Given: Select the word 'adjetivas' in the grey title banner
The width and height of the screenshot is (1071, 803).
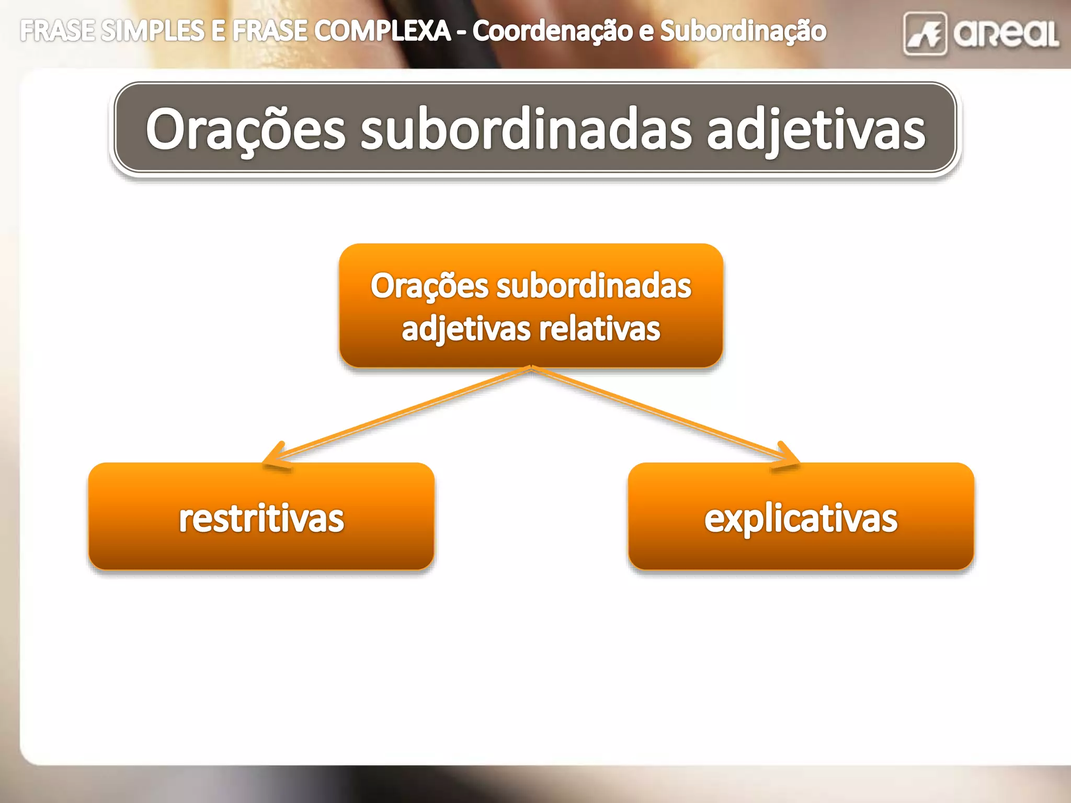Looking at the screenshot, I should coord(816,129).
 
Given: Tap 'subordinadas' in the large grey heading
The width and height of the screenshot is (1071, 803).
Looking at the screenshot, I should coord(526,129).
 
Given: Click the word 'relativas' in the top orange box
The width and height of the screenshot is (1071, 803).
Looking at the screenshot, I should coord(600,329).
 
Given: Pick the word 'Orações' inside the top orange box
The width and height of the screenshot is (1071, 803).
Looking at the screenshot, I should coord(429,286).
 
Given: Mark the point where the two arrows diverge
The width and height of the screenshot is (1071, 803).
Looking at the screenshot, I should coord(531,368).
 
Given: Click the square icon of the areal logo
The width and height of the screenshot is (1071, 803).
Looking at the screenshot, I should coord(925,34).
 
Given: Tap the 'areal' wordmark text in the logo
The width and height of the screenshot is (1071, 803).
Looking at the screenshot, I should coord(1005,34).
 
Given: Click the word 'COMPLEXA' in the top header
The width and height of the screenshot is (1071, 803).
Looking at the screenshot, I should coord(383,31).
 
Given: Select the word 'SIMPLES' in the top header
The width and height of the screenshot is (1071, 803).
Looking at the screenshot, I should coord(152,31).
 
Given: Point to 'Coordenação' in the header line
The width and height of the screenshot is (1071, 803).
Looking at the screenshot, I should coord(551,31).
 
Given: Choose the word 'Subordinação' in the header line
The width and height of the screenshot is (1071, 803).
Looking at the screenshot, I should coord(743,31).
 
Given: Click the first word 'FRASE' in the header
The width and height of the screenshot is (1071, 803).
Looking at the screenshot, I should coord(58,31).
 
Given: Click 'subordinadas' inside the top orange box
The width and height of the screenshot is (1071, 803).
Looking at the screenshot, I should coord(594,286).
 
